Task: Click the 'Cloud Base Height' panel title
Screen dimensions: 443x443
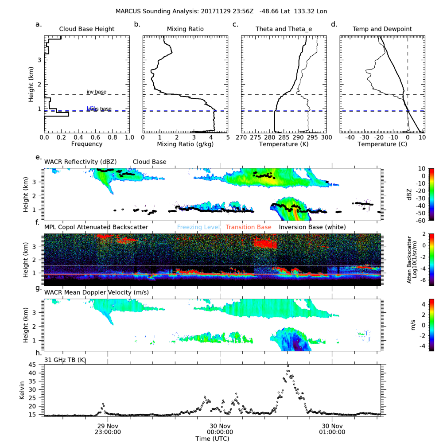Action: pyautogui.click(x=87, y=29)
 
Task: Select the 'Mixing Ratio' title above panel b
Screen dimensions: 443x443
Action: pyautogui.click(x=185, y=29)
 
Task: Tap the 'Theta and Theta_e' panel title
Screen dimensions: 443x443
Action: pyautogui.click(x=284, y=29)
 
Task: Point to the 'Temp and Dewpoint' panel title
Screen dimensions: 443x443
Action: pyautogui.click(x=382, y=29)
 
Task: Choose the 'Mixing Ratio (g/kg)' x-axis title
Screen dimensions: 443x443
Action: pyautogui.click(x=185, y=144)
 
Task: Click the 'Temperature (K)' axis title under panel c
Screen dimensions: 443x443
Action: pyautogui.click(x=284, y=144)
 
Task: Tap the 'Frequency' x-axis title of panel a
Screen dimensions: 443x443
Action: pyautogui.click(x=87, y=144)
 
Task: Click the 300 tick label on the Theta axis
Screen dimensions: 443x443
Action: pyautogui.click(x=326, y=138)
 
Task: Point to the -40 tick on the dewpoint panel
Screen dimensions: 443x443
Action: pyautogui.click(x=349, y=138)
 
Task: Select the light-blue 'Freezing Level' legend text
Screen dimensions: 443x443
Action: pyautogui.click(x=198, y=227)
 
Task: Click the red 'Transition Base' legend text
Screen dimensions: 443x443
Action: pyautogui.click(x=248, y=227)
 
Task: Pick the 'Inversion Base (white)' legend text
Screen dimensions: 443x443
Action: pyautogui.click(x=312, y=227)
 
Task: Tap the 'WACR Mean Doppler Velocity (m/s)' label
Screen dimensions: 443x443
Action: pyautogui.click(x=97, y=292)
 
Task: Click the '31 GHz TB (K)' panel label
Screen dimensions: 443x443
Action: pyautogui.click(x=65, y=360)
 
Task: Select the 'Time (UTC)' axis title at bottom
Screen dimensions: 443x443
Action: pyautogui.click(x=212, y=438)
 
